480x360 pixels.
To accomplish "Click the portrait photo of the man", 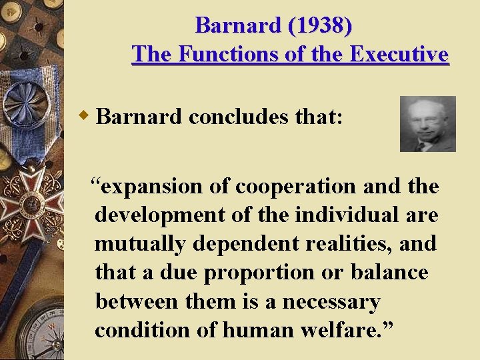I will [427, 123].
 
